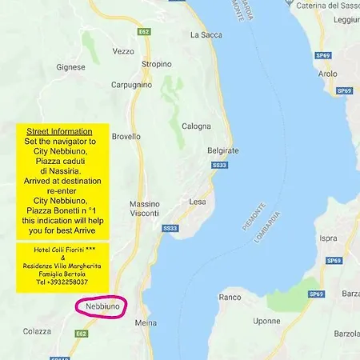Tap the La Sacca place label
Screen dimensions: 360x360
pyautogui.click(x=205, y=35)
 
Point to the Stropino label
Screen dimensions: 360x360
pyautogui.click(x=156, y=64)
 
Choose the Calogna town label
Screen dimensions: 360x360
pyautogui.click(x=196, y=126)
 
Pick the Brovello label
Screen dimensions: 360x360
pyautogui.click(x=126, y=137)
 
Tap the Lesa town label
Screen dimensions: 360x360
pyautogui.click(x=198, y=202)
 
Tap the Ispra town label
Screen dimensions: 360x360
pyautogui.click(x=328, y=238)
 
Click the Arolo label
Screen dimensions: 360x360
pyautogui.click(x=328, y=74)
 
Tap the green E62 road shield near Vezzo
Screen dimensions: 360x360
pyautogui.click(x=143, y=32)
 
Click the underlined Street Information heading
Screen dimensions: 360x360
pyautogui.click(x=59, y=130)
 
